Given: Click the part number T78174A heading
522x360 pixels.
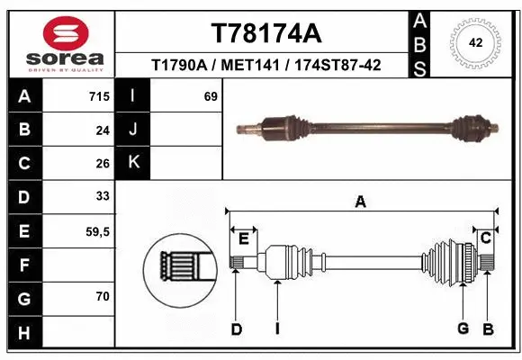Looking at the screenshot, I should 265,33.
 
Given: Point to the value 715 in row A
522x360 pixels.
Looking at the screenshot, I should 99,95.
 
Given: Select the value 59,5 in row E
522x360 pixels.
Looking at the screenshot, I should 97,231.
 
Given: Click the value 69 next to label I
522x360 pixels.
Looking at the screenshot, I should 211,95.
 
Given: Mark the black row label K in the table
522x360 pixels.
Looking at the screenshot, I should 132,162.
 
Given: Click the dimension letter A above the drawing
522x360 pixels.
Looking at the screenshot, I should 360,202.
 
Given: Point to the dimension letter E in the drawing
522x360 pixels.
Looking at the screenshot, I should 243,238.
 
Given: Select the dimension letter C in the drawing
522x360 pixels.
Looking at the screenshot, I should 485,238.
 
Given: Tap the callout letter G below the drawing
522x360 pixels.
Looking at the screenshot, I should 463,328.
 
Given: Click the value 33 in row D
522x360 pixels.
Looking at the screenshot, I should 102,196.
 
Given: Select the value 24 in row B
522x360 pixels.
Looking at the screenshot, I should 102,130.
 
